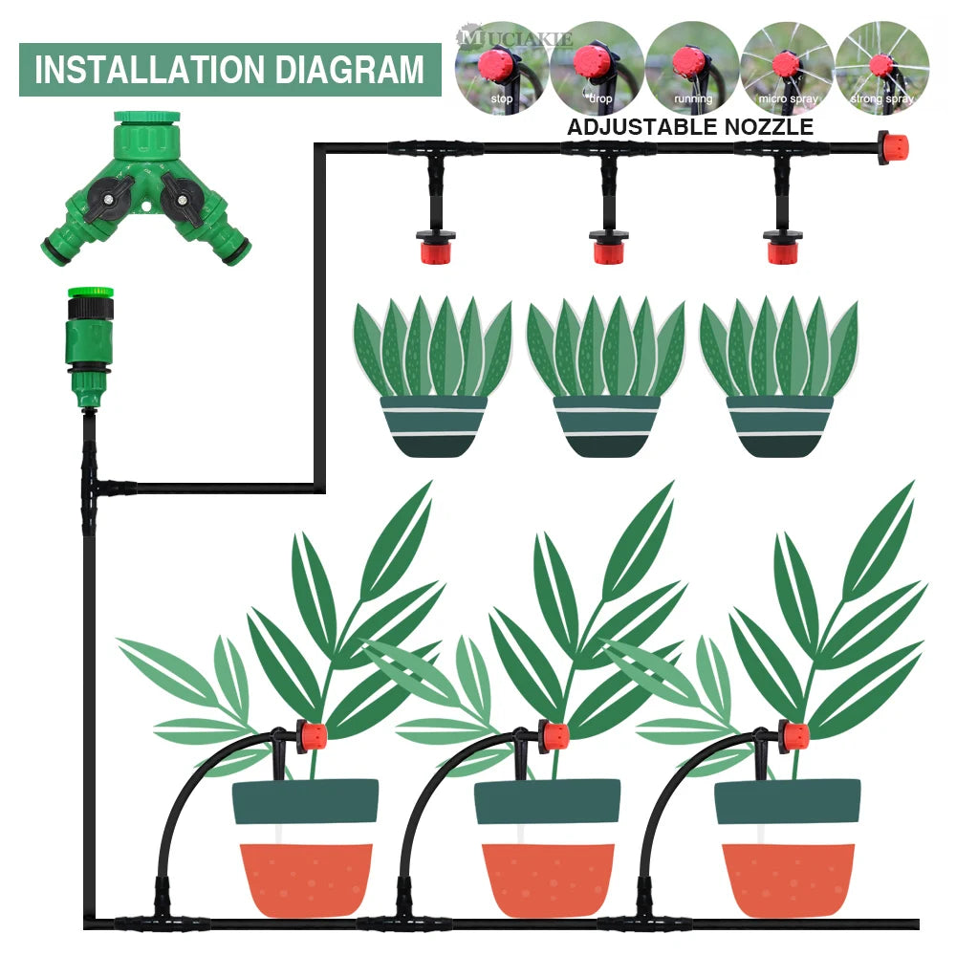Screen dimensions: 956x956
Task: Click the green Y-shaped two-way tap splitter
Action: [x=146, y=192]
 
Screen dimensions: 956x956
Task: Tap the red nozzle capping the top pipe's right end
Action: [x=893, y=148]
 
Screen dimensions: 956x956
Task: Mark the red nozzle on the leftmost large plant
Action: [x=311, y=736]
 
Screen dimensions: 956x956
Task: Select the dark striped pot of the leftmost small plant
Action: [x=433, y=426]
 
